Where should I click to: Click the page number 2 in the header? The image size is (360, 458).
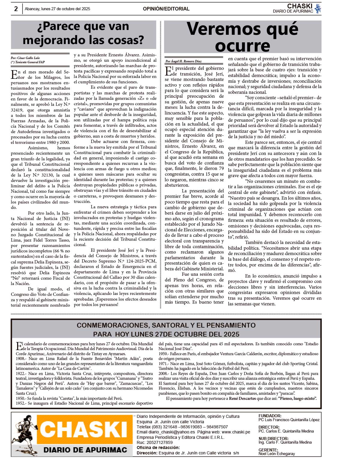tap(16, 9)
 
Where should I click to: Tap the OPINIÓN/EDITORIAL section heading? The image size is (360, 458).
tap(166, 9)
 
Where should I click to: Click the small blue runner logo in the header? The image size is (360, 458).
tap(318, 9)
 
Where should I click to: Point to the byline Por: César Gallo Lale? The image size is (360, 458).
tap(25, 58)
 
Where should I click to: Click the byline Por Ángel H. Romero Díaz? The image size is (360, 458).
tap(183, 61)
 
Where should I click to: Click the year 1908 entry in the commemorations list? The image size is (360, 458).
tap(20, 358)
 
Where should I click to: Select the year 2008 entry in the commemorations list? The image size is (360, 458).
tap(163, 373)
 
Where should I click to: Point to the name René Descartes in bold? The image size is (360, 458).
tap(242, 398)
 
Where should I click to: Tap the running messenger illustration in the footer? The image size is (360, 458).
tap(25, 434)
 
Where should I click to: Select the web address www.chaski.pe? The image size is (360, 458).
tap(236, 432)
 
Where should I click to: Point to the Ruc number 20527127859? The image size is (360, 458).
tap(159, 442)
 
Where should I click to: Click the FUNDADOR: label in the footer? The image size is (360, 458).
tap(270, 416)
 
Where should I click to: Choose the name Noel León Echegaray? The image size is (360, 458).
tap(277, 454)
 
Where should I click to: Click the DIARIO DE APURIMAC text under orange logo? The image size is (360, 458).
tap(85, 450)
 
